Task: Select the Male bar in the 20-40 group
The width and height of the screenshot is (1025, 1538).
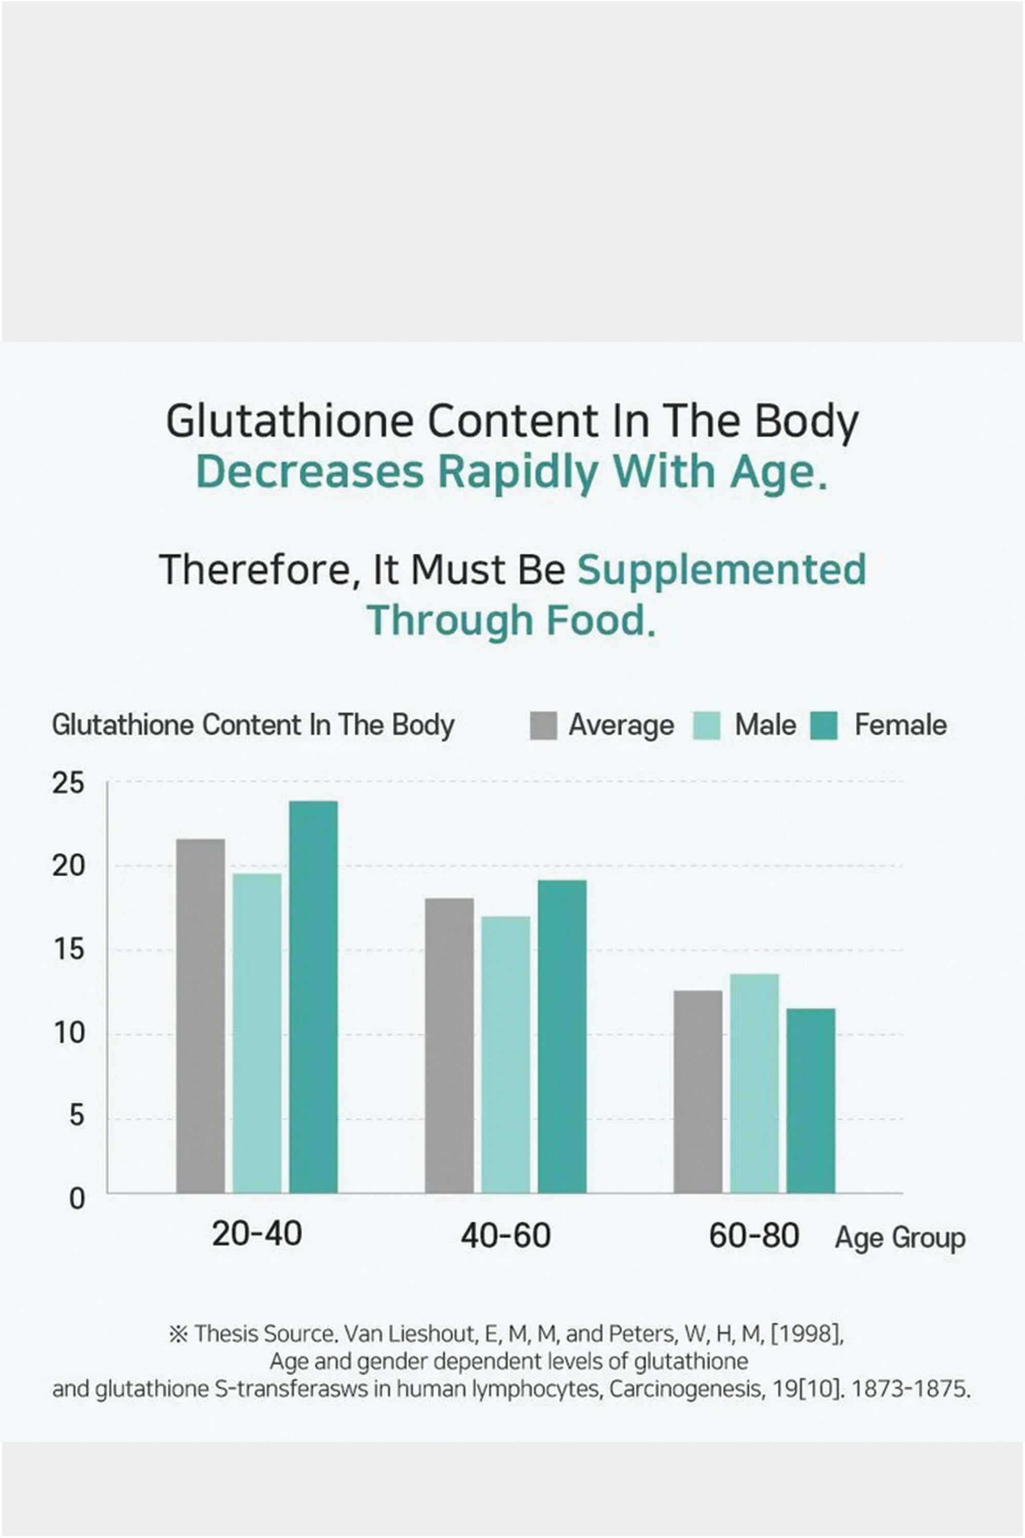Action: [x=257, y=1033]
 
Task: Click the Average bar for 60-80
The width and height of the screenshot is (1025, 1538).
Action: [x=698, y=1091]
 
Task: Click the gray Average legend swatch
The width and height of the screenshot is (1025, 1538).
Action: [x=543, y=726]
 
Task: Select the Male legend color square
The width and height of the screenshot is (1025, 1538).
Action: [x=706, y=726]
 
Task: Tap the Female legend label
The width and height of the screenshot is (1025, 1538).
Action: [x=900, y=725]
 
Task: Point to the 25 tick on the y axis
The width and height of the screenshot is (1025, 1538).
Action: [x=69, y=783]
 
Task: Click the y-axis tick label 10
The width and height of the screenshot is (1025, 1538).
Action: [x=69, y=1033]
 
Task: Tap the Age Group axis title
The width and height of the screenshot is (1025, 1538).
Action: [x=899, y=1238]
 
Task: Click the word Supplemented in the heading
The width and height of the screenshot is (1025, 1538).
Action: [x=721, y=570]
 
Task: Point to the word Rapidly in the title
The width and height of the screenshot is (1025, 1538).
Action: [x=518, y=472]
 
